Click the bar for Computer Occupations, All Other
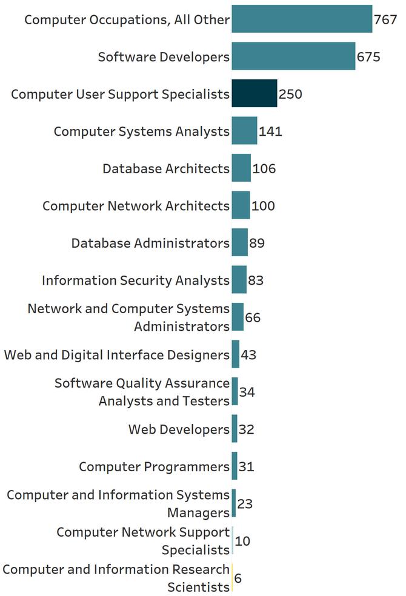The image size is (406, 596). [302, 19]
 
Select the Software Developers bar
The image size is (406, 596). [293, 56]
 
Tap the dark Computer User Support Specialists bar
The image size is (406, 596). [255, 94]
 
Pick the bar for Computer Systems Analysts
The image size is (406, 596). [244, 131]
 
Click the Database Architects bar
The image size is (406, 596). [241, 168]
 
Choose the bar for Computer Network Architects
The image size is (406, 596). [241, 205]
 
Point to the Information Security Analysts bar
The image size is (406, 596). [239, 280]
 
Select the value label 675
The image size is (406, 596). [368, 57]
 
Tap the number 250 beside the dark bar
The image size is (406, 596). [290, 94]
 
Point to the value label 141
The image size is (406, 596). [270, 131]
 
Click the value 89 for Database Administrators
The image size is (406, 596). [257, 243]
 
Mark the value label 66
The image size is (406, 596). [253, 318]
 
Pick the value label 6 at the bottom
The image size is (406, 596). [238, 578]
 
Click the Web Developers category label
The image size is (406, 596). [179, 429]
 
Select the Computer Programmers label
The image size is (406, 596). [154, 467]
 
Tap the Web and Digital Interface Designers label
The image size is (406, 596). [116, 355]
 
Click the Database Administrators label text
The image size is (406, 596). [150, 243]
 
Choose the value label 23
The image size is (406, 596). [245, 504]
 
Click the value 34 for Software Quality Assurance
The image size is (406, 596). [247, 392]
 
